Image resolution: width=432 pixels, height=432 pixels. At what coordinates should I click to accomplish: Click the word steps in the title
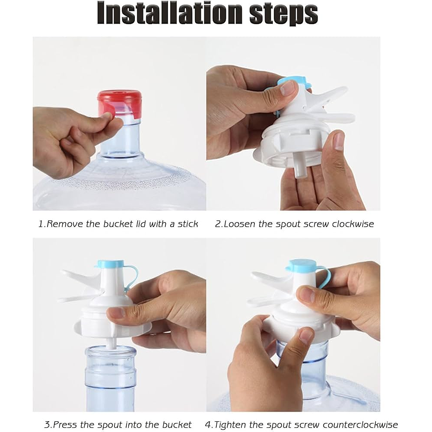point(284,14)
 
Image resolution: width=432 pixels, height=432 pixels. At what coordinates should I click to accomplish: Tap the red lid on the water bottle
point(120,104)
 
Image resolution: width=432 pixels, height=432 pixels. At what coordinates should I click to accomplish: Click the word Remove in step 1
point(65,224)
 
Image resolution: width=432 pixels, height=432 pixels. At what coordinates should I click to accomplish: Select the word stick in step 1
point(188,224)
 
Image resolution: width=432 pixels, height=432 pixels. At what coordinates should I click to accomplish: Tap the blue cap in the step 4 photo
point(302,265)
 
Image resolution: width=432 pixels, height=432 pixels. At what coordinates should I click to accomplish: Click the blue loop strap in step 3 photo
point(132,277)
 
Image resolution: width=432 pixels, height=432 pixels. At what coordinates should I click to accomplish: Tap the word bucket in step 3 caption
point(177,425)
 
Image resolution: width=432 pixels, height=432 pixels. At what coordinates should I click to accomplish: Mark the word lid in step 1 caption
point(141,224)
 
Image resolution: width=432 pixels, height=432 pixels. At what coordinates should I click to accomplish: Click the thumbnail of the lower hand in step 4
point(306,337)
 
